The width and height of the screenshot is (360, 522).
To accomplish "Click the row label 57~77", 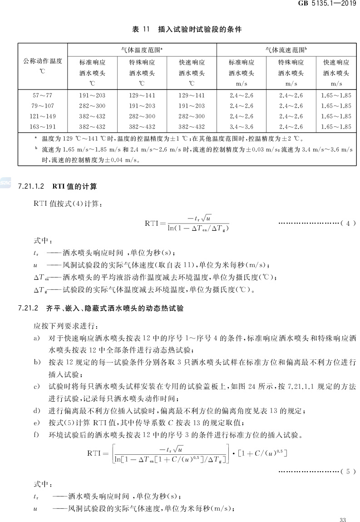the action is pos(43,96).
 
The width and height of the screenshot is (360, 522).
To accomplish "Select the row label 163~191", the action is pos(43,127).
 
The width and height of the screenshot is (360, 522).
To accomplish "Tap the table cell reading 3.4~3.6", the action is pos(242,127).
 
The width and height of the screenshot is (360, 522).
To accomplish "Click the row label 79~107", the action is pos(43,106).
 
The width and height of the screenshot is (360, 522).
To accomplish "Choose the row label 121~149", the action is pos(43,117).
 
